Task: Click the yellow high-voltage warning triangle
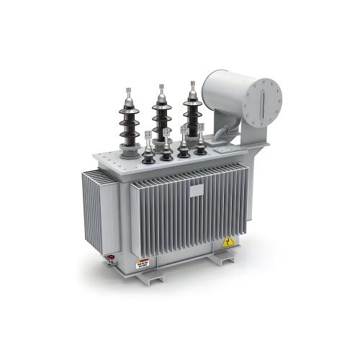(228, 242)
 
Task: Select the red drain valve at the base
(112, 257)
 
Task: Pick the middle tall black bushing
(161, 115)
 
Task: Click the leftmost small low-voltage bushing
(148, 151)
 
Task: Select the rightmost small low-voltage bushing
(200, 144)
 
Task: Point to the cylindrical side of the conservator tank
(223, 94)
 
